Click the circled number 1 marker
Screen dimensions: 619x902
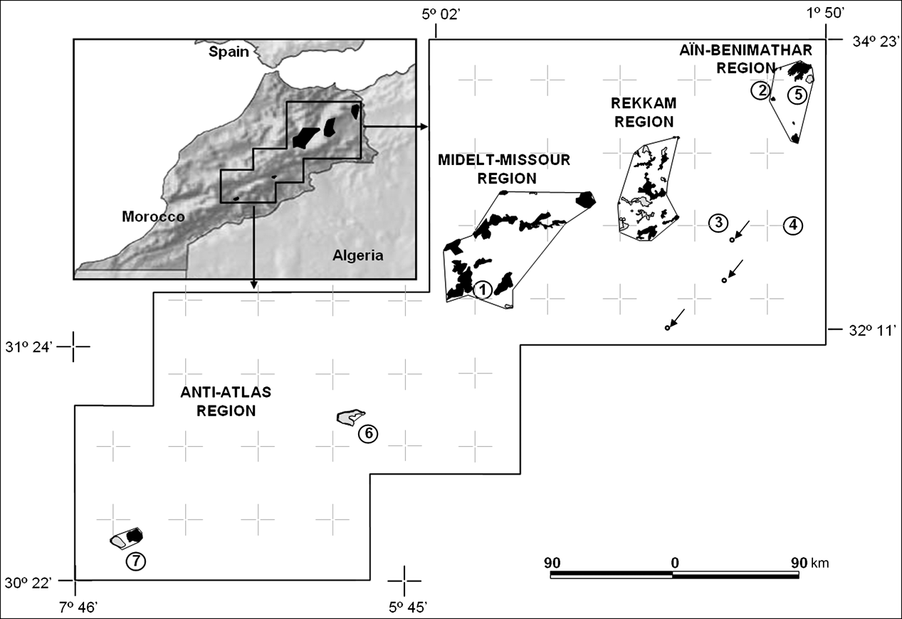[x=483, y=289]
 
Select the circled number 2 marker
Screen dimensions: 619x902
[x=761, y=90]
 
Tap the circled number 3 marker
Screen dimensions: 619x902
[x=718, y=223]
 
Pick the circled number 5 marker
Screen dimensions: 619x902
[x=798, y=93]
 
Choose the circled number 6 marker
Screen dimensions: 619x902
[x=367, y=433]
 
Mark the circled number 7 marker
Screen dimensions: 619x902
[x=135, y=561]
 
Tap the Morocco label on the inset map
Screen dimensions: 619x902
[x=153, y=216]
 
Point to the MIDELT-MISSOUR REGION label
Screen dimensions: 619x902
[x=504, y=169]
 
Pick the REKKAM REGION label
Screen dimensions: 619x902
[x=644, y=112]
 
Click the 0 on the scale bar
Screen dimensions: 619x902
[x=673, y=563]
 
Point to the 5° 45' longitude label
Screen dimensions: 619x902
[x=408, y=607]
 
